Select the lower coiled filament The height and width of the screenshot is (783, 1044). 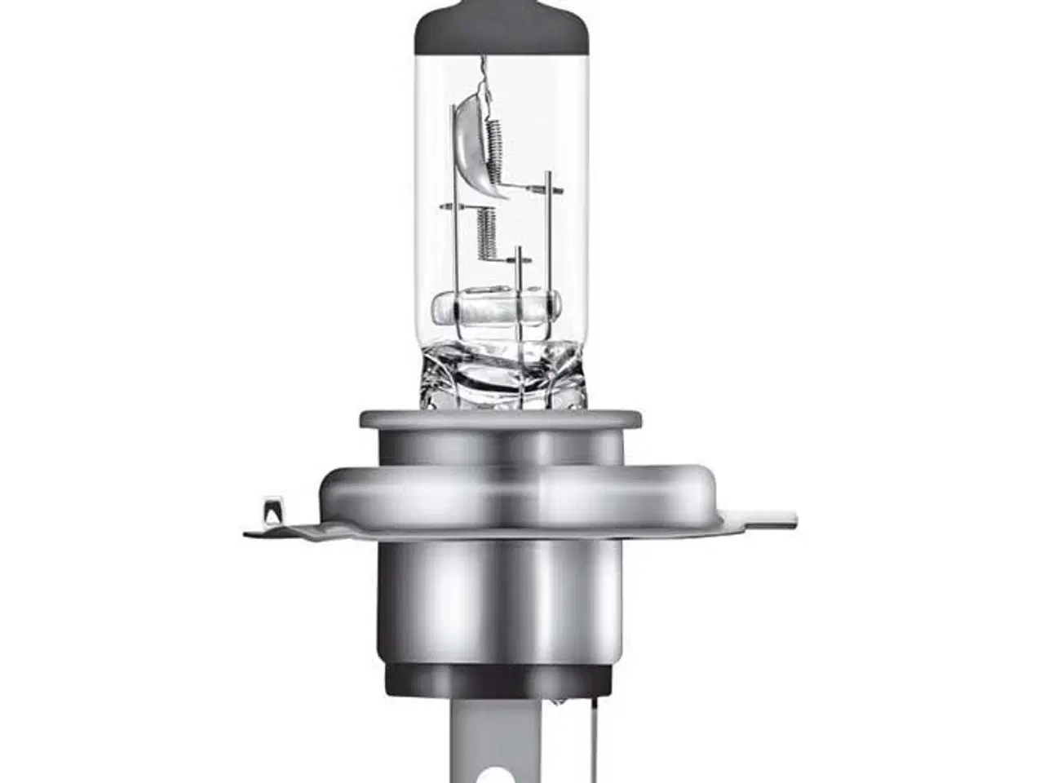point(486,233)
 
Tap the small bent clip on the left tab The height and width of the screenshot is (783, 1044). point(268,514)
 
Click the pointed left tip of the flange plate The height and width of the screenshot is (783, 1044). point(249,534)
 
